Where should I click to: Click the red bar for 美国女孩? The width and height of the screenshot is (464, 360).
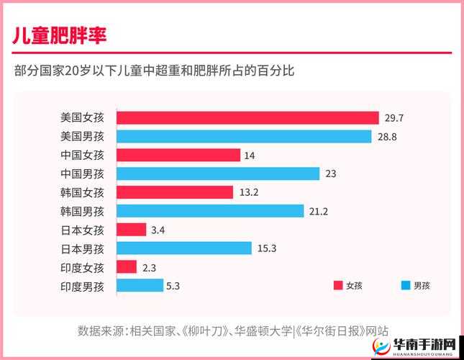click(247, 117)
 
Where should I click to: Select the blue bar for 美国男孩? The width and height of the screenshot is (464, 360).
click(244, 136)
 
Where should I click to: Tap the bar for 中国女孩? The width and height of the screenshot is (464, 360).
click(178, 155)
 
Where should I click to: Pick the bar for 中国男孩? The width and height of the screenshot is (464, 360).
click(217, 174)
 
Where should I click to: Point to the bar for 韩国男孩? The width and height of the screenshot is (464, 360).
click(210, 211)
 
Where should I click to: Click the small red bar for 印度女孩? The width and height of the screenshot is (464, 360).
click(127, 267)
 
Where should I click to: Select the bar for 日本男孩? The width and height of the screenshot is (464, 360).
click(184, 248)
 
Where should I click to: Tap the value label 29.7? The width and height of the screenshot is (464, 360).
click(394, 117)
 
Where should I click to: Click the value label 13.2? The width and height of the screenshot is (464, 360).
click(248, 192)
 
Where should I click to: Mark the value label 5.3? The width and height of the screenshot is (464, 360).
click(173, 286)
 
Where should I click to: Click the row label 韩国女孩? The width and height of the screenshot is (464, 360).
click(83, 192)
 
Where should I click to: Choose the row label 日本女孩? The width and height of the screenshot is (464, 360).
click(83, 230)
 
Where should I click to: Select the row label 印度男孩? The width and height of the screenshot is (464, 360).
click(83, 286)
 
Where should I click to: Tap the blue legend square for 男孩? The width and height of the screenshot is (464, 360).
click(404, 285)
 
